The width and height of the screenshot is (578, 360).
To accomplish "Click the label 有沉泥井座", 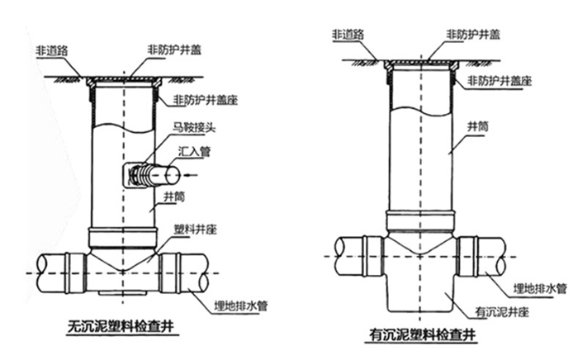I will coord(503,312).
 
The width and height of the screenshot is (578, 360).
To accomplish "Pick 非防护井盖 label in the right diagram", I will coord(473,35).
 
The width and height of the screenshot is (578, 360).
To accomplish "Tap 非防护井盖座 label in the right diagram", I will coord(499,81).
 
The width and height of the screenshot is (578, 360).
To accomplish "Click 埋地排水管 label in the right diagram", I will coord(540,289).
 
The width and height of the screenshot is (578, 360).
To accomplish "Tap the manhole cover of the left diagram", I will coord(124,77).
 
